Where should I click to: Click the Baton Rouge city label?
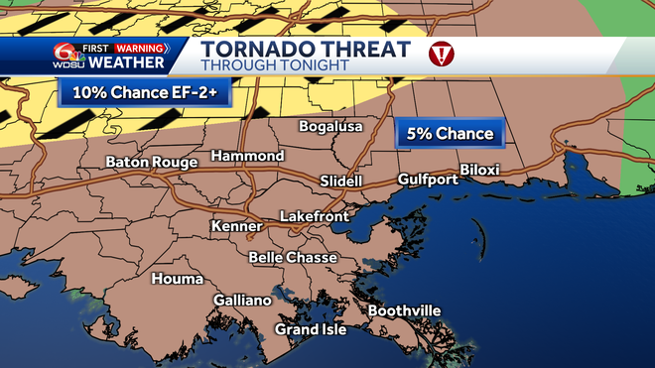coord(153,162)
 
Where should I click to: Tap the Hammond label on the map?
coord(247,157)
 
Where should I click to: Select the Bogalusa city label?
coord(331,127)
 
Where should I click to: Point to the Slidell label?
coord(341,182)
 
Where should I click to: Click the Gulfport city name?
coord(428,180)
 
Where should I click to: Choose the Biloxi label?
coord(479,170)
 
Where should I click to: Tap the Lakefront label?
coord(313,215)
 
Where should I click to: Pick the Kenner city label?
coord(236,227)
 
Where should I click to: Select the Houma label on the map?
coord(177,279)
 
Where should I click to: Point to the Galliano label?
coord(242,301)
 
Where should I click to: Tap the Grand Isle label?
coord(311,329)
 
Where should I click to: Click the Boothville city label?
coord(404,310)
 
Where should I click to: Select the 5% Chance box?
coord(450,133)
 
